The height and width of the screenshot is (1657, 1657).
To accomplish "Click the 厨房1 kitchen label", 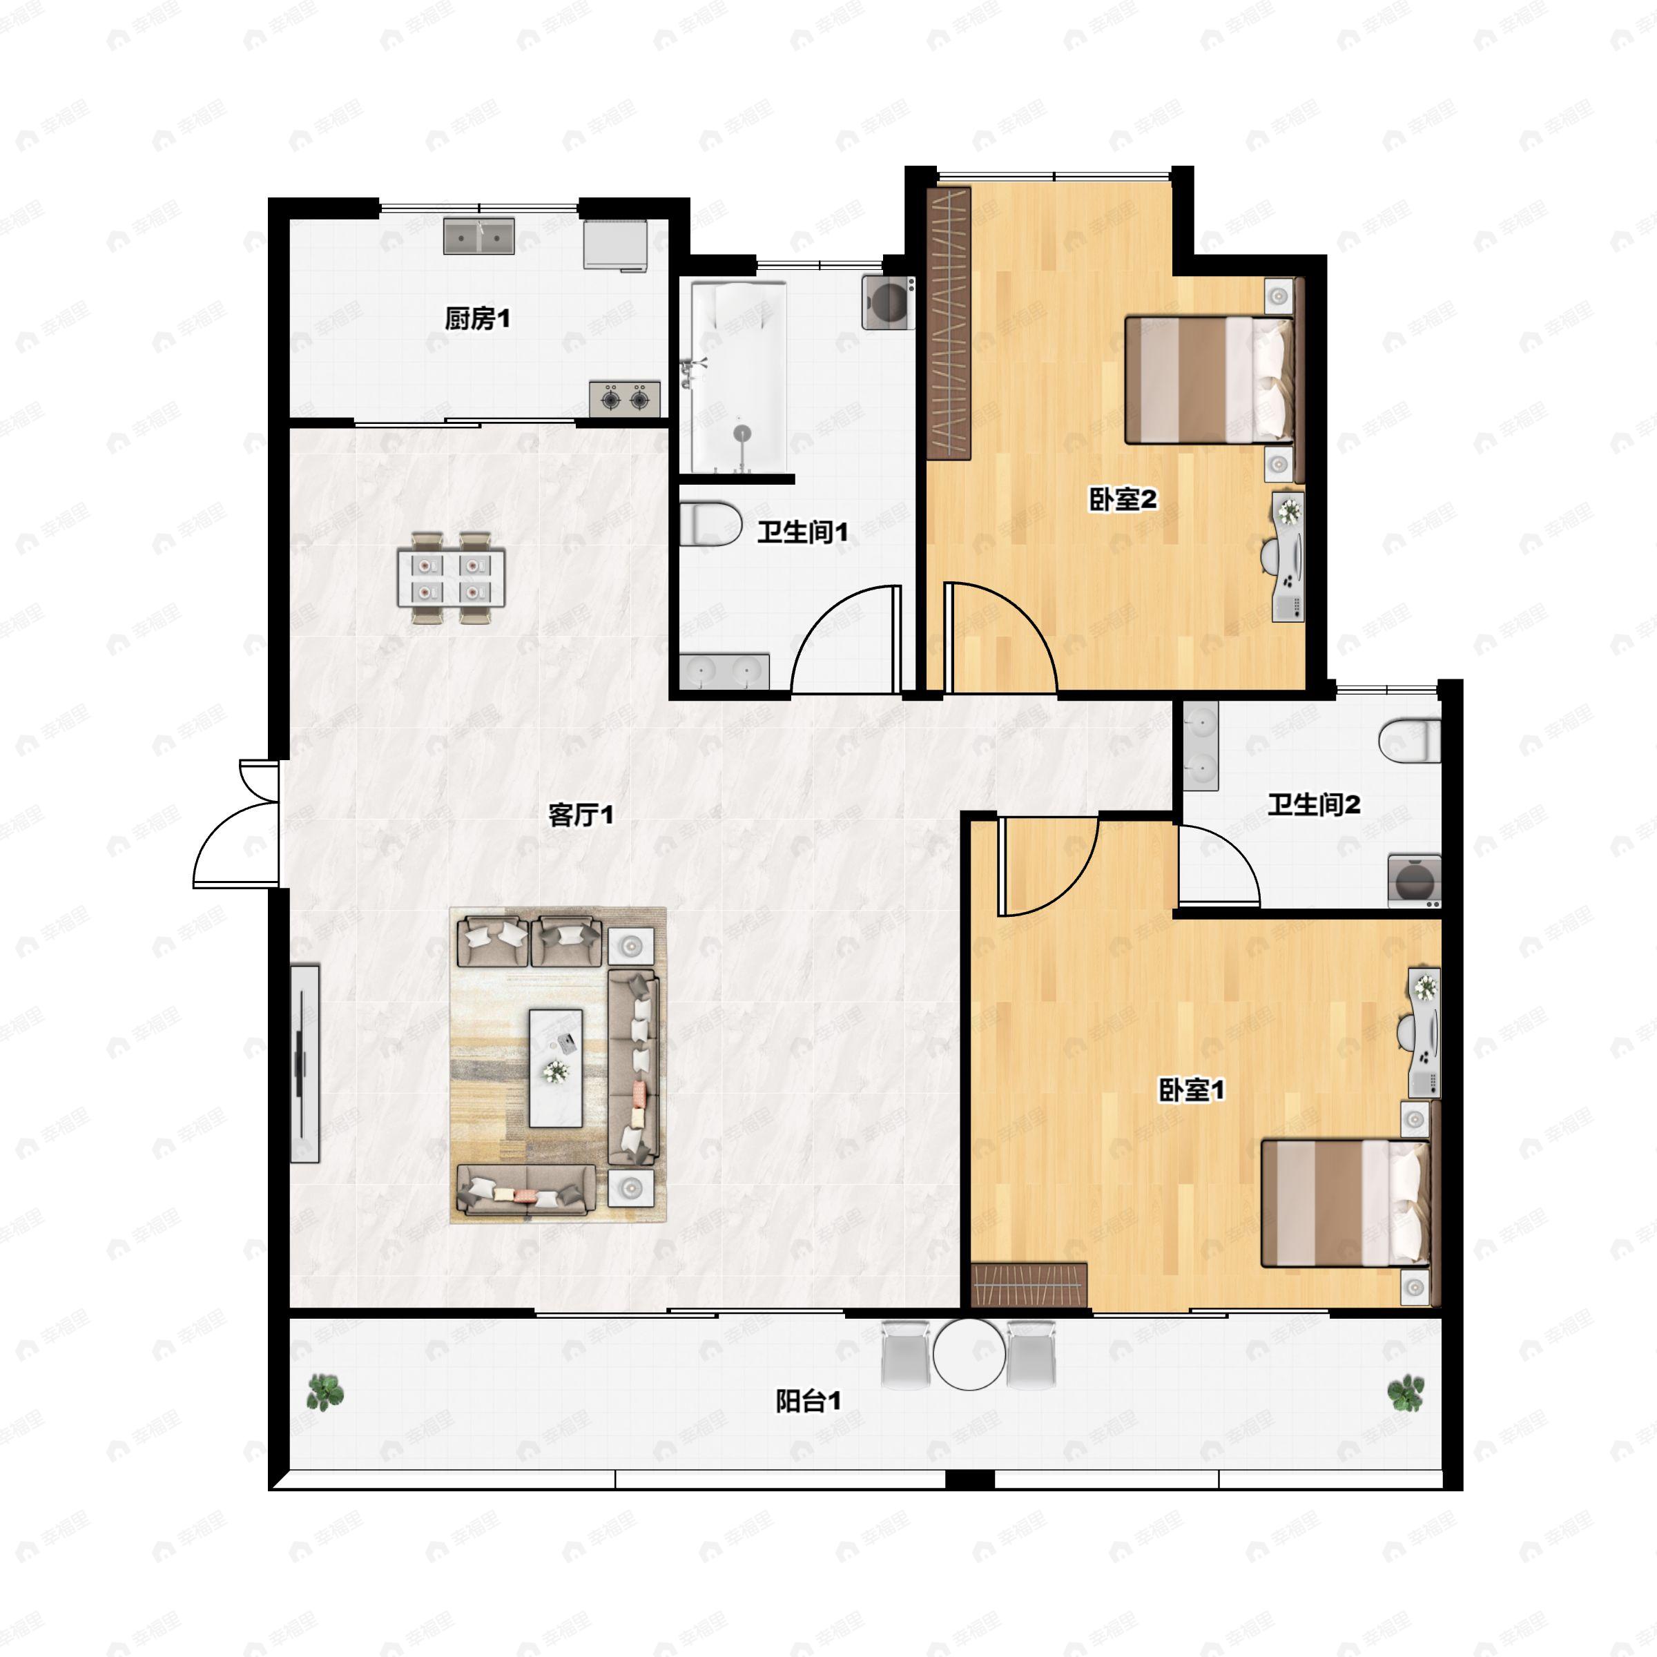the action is [x=477, y=319].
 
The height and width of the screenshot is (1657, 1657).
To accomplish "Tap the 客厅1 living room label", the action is [x=581, y=815].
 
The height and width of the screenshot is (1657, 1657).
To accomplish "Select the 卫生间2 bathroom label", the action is [x=1314, y=804].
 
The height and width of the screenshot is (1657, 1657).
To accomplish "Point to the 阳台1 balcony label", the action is [x=808, y=1402].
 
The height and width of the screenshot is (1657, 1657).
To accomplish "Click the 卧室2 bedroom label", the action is [x=1123, y=499].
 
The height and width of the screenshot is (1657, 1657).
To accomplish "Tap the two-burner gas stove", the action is [x=624, y=399].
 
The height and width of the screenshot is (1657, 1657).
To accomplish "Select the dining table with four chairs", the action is [x=451, y=577].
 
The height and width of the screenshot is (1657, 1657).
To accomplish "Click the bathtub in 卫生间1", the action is [x=739, y=378].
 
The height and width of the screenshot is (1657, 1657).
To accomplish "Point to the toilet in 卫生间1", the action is [x=710, y=524].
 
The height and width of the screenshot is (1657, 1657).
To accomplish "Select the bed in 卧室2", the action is [x=1210, y=380].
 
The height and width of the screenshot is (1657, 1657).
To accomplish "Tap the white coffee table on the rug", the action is [x=556, y=1068].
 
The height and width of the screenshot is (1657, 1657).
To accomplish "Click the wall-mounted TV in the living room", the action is [x=304, y=1063].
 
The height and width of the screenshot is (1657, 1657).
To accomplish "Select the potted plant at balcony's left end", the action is [x=325, y=1393].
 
